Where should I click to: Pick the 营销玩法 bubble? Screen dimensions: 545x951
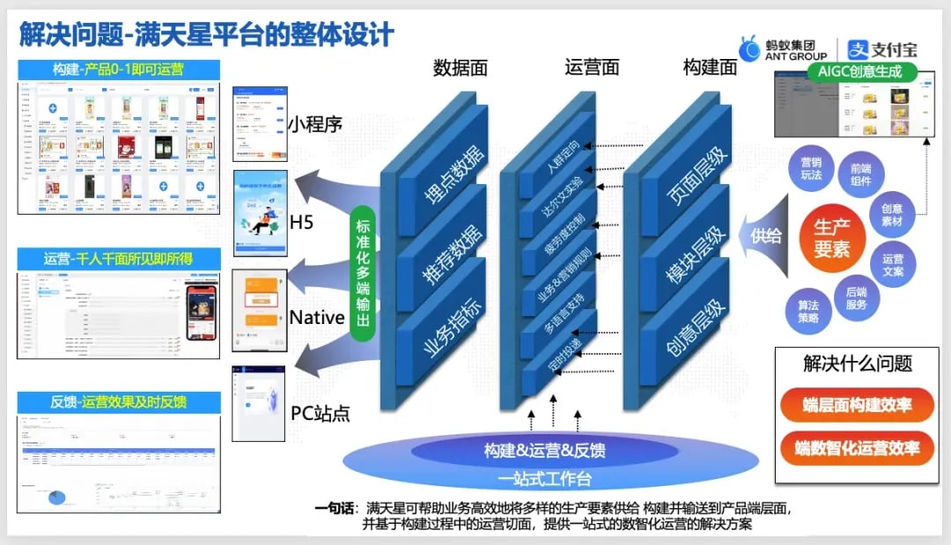[810, 168]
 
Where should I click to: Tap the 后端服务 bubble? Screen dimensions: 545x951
[856, 298]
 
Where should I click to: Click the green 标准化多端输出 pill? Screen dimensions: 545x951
[361, 273]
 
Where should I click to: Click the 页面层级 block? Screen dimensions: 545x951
[686, 173]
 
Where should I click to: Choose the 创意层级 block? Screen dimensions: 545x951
[686, 328]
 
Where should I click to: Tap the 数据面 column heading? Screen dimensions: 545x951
[460, 68]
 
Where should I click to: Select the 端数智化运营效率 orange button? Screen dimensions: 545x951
[857, 448]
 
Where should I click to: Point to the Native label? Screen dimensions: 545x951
[317, 317]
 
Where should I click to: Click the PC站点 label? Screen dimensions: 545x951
[321, 413]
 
